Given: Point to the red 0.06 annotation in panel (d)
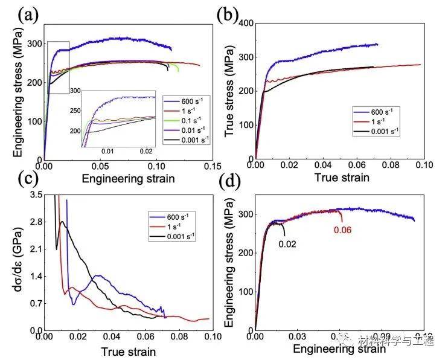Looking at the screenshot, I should (341, 230).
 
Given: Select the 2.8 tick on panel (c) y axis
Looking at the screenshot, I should (30, 222).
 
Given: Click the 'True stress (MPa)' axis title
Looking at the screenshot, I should (231, 91).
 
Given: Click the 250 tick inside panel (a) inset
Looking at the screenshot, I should (75, 111).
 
